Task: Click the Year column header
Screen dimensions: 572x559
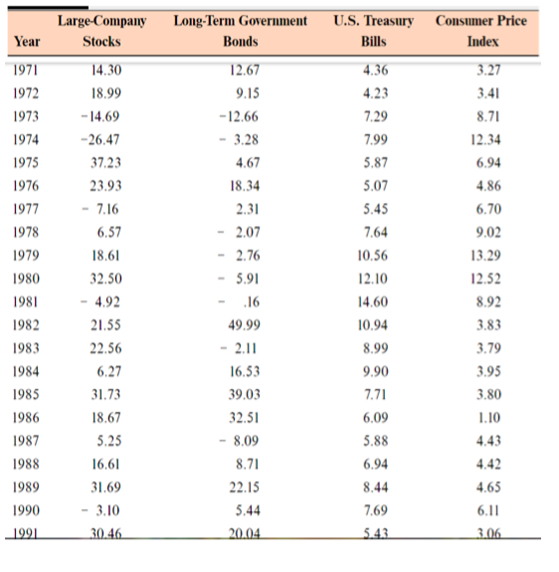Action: point(27,41)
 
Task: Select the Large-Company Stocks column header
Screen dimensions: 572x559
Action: point(100,31)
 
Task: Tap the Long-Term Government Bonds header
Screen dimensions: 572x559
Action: point(240,31)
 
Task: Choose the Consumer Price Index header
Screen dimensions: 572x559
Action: point(482,31)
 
